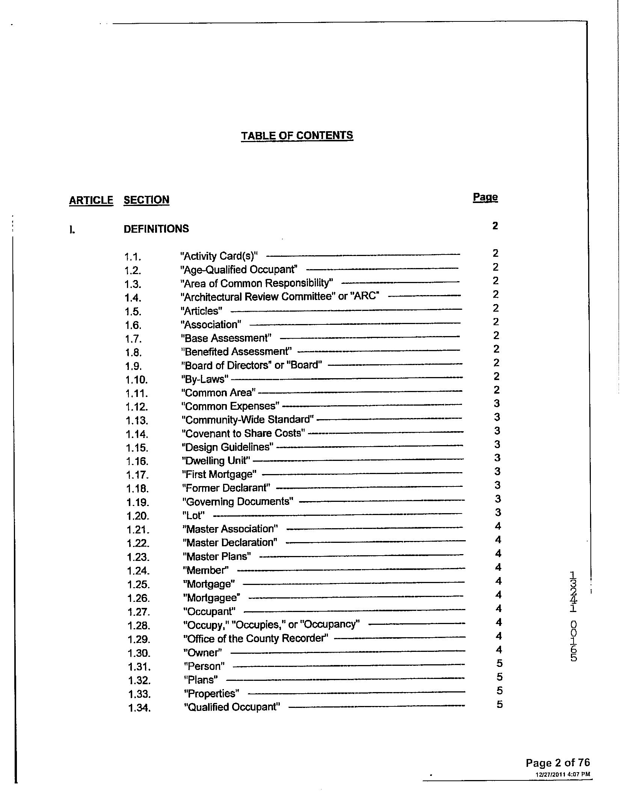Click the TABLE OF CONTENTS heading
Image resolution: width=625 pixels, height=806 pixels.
pyautogui.click(x=297, y=136)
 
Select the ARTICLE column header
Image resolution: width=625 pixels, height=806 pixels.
pyautogui.click(x=91, y=200)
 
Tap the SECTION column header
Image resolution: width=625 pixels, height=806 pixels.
pyautogui.click(x=146, y=200)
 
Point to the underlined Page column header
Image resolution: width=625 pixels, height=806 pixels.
pyautogui.click(x=485, y=197)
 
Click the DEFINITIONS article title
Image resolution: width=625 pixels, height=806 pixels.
pyautogui.click(x=156, y=229)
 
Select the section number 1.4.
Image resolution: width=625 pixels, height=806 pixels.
pyautogui.click(x=133, y=298)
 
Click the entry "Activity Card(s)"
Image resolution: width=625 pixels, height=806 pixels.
pyautogui.click(x=219, y=256)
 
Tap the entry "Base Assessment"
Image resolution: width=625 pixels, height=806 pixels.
pyautogui.click(x=226, y=338)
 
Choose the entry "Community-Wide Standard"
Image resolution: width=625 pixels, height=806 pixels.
pyautogui.click(x=248, y=420)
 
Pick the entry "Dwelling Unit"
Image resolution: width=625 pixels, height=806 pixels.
pyautogui.click(x=216, y=461)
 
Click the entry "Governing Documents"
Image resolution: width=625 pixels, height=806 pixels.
pyautogui.click(x=238, y=502)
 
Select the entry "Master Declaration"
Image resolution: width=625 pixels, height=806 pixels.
pyautogui.click(x=230, y=543)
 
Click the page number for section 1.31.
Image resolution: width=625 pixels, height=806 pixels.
pyautogui.click(x=500, y=663)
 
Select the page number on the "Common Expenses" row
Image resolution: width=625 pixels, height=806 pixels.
pyautogui.click(x=497, y=404)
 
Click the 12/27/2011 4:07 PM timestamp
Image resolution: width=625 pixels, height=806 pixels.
pyautogui.click(x=563, y=774)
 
